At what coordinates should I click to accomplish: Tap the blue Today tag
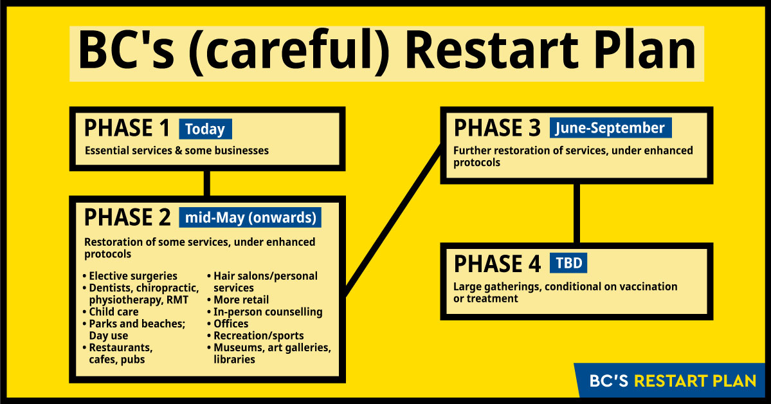(205, 129)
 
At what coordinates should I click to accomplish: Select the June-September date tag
(610, 128)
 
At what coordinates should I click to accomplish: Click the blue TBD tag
(569, 263)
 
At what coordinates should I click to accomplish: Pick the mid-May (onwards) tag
(250, 217)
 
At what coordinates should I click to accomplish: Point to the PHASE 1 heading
(127, 129)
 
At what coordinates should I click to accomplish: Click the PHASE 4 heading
(497, 264)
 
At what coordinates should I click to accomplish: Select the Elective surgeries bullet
(131, 276)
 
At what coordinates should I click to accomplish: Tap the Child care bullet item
(111, 312)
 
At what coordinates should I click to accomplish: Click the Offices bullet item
(228, 324)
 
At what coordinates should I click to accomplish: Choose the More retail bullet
(238, 300)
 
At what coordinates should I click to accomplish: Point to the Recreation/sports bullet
(256, 336)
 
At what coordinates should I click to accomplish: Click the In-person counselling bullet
(265, 312)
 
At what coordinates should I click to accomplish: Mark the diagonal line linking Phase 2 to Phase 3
(394, 221)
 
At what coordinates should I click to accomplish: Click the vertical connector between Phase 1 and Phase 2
(207, 183)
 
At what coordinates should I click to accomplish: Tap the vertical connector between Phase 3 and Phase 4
(577, 214)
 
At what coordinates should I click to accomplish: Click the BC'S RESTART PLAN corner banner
(673, 381)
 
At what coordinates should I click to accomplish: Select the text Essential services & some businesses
(177, 151)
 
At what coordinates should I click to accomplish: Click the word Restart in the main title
(491, 51)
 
